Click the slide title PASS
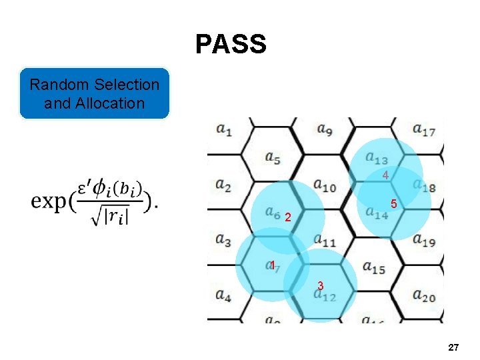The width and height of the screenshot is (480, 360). tap(231, 45)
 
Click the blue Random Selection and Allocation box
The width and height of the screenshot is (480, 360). tap(95, 93)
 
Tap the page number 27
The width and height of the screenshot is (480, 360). tap(453, 347)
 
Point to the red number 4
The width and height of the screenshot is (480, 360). tap(385, 175)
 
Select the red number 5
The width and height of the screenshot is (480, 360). tap(394, 204)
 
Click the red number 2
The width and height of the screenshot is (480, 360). tap(287, 217)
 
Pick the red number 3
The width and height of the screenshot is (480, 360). tap(321, 285)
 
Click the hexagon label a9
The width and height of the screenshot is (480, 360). tap(325, 129)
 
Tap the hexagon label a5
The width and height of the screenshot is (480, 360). tap(272, 158)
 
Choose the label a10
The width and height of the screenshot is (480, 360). tap(325, 186)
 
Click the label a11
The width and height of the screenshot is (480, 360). tap(325, 240)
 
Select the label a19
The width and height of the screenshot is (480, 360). tap(424, 240)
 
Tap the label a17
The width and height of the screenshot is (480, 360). tap(424, 129)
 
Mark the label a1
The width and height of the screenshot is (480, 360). tap(224, 130)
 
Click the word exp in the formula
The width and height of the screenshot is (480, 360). tap(49, 201)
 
